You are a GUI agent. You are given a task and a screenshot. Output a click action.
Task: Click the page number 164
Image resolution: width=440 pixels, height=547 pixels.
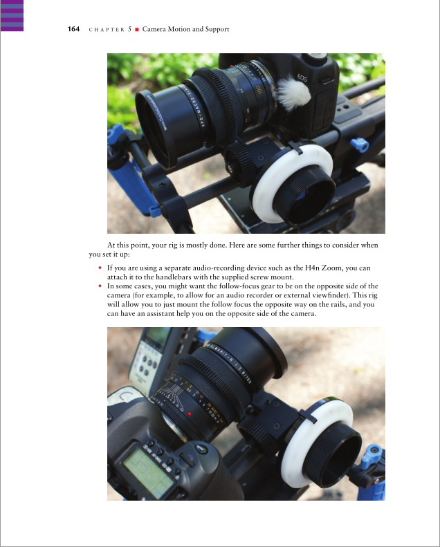tap(73, 29)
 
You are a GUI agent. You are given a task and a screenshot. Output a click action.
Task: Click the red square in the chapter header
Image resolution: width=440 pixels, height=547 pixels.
tap(137, 29)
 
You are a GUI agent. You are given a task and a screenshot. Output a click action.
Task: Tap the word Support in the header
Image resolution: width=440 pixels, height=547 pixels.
tap(217, 29)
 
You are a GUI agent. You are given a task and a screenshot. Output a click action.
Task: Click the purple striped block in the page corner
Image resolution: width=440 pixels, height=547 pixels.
tap(12, 16)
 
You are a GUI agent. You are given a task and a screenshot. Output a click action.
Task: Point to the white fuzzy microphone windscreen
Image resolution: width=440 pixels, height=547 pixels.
tap(294, 93)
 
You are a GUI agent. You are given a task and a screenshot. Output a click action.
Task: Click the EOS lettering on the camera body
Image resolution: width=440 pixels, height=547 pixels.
tap(302, 77)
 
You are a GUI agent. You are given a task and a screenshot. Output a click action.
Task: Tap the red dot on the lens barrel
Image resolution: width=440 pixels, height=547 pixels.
tap(190, 414)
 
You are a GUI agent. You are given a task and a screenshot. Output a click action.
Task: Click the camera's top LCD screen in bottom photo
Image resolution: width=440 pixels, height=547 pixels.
tap(148, 470)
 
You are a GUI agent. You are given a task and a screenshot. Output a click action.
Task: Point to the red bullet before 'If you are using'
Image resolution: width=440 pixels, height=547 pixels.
tap(100, 268)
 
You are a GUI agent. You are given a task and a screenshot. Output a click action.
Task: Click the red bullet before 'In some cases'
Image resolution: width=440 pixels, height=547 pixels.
tap(100, 286)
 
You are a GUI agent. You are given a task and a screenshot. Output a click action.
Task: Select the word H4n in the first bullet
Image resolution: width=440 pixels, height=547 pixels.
tap(312, 268)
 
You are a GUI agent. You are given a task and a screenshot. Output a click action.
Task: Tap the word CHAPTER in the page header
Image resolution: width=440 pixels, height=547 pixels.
tap(107, 30)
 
